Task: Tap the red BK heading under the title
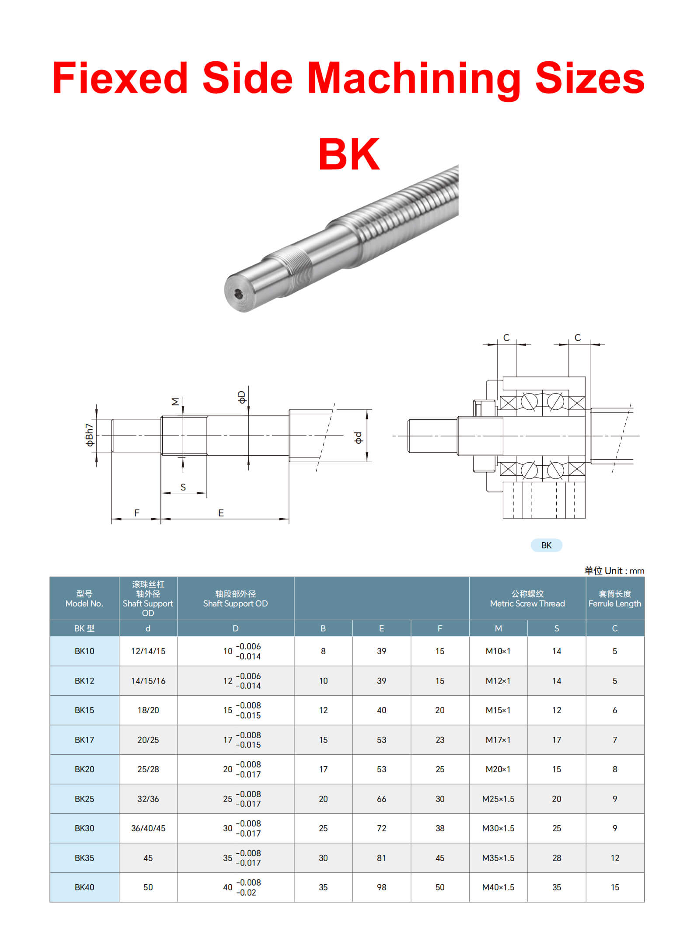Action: pos(349,154)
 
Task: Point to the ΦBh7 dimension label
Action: pos(89,435)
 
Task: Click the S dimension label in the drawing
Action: pos(183,487)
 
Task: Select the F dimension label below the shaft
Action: pos(137,513)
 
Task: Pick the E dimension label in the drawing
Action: pos(221,513)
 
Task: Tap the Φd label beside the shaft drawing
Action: pos(358,438)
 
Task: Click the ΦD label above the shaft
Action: pos(241,397)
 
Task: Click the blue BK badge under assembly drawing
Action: pos(546,545)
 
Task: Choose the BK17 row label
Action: pos(84,740)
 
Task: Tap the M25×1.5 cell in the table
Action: pos(498,799)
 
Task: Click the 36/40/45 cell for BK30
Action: pos(148,828)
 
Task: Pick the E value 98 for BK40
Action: pos(381,887)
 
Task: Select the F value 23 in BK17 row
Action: pos(439,740)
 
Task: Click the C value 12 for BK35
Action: pos(614,858)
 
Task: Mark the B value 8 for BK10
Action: pos(323,651)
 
